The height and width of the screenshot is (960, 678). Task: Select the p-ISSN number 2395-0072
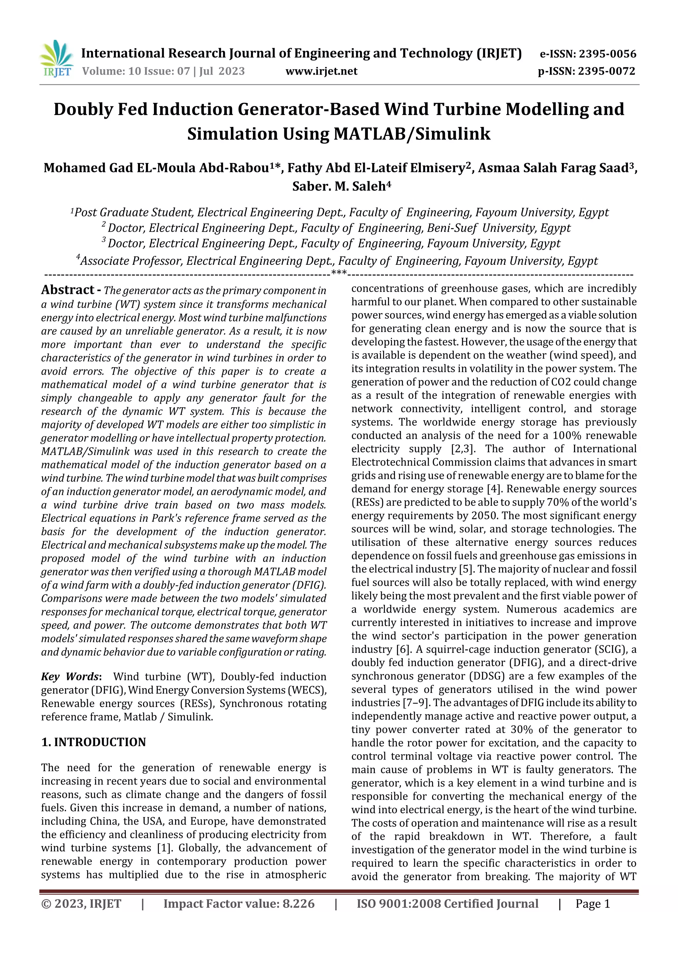click(606, 71)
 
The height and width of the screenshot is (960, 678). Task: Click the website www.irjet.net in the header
click(321, 71)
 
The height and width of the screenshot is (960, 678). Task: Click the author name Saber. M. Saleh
click(339, 186)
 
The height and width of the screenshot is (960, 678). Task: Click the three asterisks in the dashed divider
click(338, 274)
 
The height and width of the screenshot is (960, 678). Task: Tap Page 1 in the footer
click(592, 904)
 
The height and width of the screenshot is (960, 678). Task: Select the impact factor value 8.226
click(298, 904)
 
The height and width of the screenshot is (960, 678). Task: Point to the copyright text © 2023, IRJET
click(81, 904)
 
